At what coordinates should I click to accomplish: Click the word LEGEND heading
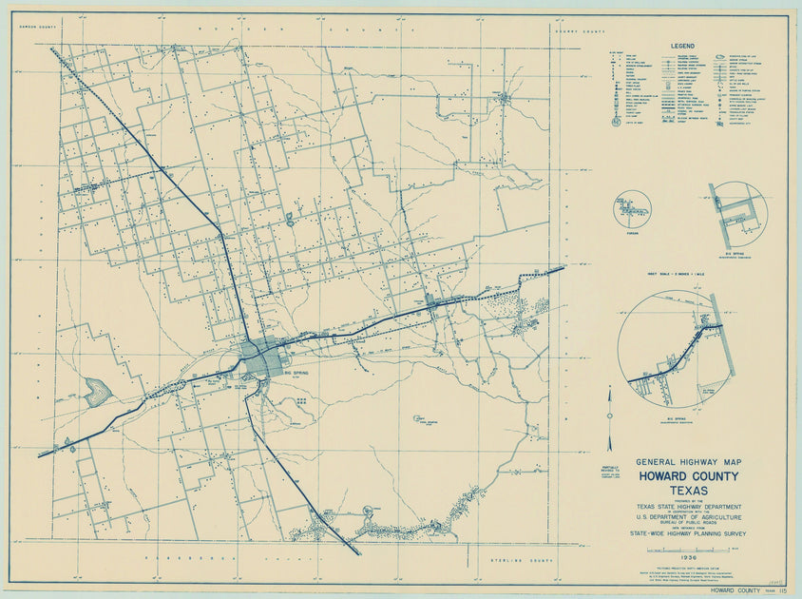click(683, 46)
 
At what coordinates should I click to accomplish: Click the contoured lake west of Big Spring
click(95, 391)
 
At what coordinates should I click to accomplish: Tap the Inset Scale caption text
click(678, 274)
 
